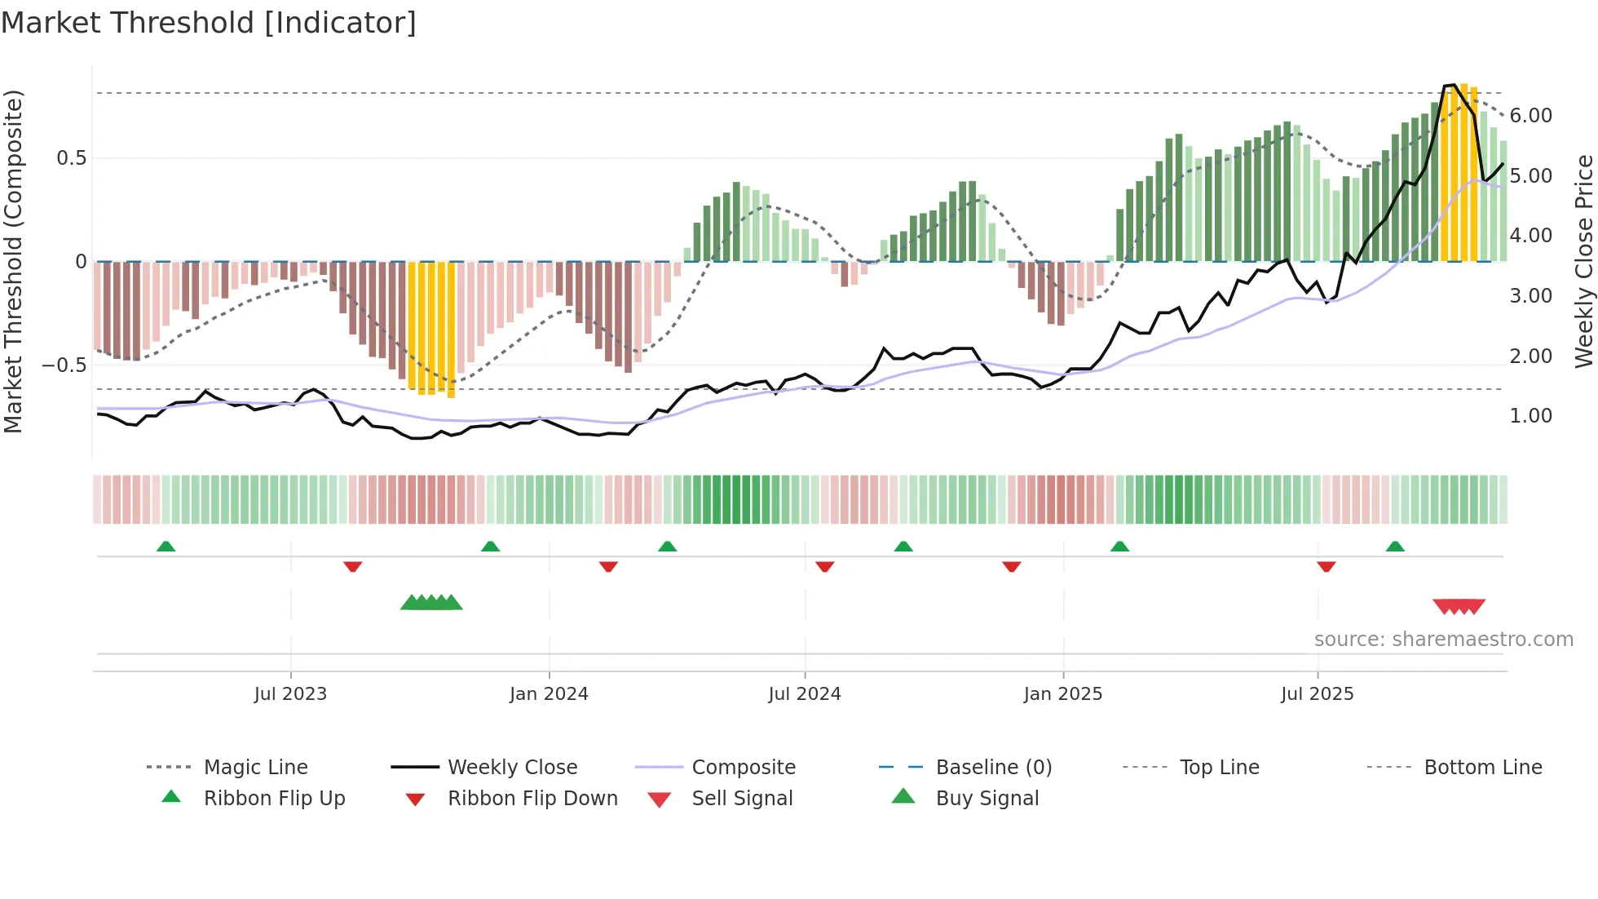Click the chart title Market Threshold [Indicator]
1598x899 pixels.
tap(209, 23)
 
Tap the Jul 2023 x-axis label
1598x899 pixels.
tap(290, 694)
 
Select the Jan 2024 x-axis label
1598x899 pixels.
tap(549, 694)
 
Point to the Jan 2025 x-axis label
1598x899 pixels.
tap(1063, 694)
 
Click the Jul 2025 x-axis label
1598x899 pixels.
tap(1318, 694)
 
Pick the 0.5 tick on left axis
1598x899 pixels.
tap(71, 158)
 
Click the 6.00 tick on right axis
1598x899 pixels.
tap(1530, 116)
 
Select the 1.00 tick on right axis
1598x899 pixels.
tap(1530, 416)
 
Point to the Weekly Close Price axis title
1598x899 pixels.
tap(1583, 261)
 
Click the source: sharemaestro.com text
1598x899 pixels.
tap(1443, 640)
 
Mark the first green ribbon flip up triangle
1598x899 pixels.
tap(166, 547)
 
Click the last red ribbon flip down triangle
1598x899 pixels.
tap(1326, 566)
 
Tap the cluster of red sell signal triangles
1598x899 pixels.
tap(1459, 606)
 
